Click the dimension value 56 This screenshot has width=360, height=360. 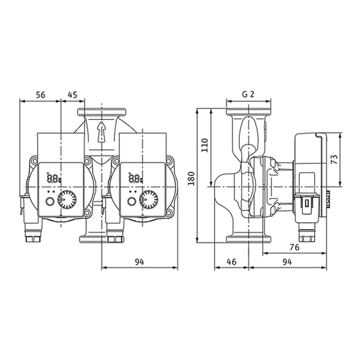pos(41,95)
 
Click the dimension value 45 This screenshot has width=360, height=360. pos(73,95)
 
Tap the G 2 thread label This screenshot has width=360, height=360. pos(248,94)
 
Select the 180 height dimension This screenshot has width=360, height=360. pos(191,178)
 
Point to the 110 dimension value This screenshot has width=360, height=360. pos(205,145)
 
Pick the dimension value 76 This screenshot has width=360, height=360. pos(295,247)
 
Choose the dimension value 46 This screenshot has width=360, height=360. pos(232,262)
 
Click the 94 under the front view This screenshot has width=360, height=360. pos(139,262)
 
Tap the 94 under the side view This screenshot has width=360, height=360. pos(287,262)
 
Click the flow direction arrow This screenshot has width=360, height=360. pos(101,132)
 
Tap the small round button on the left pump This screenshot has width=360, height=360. pos(49,202)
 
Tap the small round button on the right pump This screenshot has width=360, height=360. pos(131,202)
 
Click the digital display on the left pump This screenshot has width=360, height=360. pos(53,178)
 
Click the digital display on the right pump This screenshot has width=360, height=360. pos(135,178)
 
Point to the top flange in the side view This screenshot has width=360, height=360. pos(249,112)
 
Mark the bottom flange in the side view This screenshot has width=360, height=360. pos(249,239)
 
